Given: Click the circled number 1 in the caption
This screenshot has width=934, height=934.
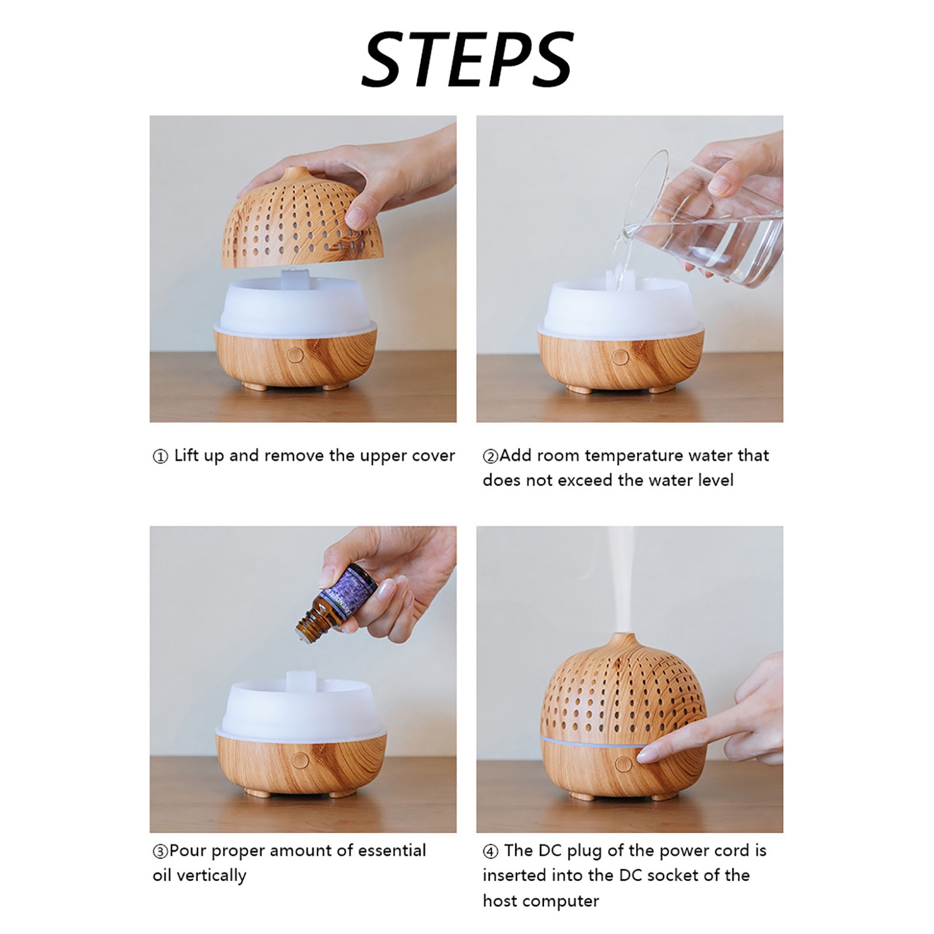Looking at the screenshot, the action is click(x=160, y=456).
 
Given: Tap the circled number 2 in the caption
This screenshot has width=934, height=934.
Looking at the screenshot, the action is click(x=490, y=456).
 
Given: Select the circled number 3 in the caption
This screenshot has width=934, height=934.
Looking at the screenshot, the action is click(x=160, y=851).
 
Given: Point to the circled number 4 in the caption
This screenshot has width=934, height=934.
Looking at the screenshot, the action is click(x=490, y=851).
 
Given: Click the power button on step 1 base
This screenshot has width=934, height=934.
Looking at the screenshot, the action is click(x=296, y=356).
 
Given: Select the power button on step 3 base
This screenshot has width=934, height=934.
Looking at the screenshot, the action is click(x=300, y=759).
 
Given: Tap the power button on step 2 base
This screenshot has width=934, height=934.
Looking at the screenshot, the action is click(x=621, y=357).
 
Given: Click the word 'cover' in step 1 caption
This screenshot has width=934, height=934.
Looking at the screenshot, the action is click(x=433, y=456).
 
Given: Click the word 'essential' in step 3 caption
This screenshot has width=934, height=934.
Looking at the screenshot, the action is click(x=392, y=851).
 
